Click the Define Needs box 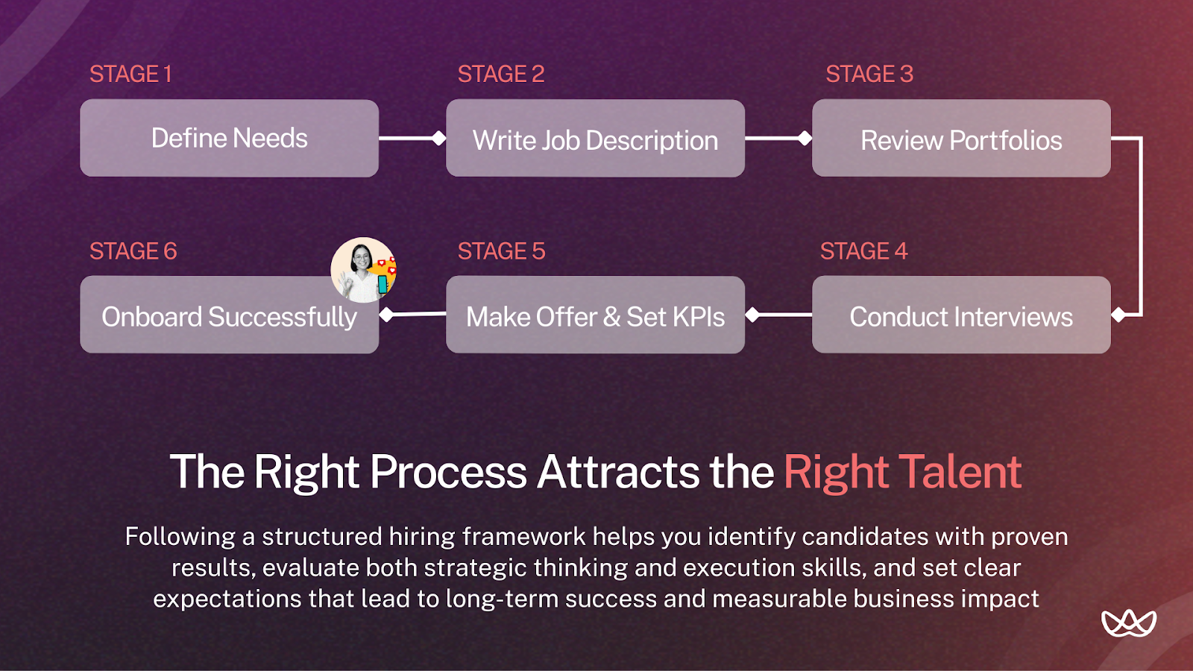(229, 139)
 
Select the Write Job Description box (595, 139)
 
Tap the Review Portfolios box (961, 139)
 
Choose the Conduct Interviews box (961, 316)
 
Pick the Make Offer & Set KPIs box (595, 316)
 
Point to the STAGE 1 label (130, 74)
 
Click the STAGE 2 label (500, 74)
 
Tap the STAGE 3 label (869, 74)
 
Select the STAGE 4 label (863, 251)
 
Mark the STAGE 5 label (501, 251)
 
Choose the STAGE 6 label (133, 251)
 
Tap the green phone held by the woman (383, 284)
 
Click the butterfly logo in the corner (1128, 623)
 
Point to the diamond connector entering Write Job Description (439, 138)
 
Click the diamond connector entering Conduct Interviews (1118, 315)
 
